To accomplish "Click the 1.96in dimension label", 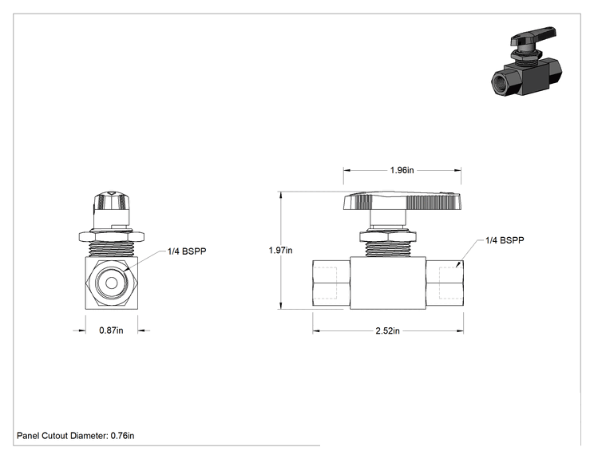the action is pos(402,170).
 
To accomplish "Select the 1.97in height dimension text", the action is pos(280,251).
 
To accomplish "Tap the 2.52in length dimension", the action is pos(387,331).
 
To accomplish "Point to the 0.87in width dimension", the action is pos(111,330).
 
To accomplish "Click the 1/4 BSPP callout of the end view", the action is pos(187,251).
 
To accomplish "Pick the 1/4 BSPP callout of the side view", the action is pos(505,240).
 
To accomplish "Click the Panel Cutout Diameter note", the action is pos(75,436).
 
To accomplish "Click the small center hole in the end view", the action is pos(112,283).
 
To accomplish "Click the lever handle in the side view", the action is pos(402,201).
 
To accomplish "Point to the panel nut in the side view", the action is pos(387,236).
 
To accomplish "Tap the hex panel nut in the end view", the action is pos(112,237).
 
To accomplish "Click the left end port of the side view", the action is pos(331,283).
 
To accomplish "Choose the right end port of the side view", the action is pos(445,283).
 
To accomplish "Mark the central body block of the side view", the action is pos(388,283).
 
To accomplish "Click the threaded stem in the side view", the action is pos(387,249).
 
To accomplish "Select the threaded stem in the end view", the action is pos(112,250).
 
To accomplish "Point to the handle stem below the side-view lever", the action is pos(388,220).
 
